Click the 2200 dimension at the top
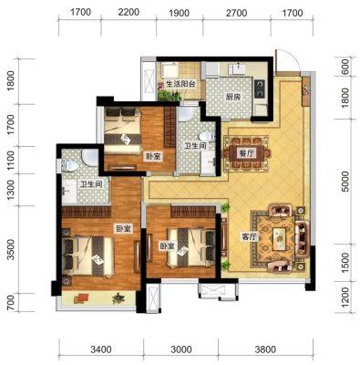[129, 12]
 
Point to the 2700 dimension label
[236, 13]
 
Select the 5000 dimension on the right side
[345, 182]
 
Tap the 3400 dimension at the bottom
[101, 349]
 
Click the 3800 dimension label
[265, 349]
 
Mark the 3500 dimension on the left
[11, 249]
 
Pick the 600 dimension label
[345, 67]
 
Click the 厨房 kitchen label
[233, 98]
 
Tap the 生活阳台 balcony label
[180, 84]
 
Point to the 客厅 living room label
[249, 237]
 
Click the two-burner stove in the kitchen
[260, 89]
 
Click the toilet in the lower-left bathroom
[70, 166]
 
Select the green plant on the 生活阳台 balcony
[169, 95]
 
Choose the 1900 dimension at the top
[179, 13]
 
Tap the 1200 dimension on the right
[345, 297]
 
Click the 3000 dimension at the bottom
[181, 349]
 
